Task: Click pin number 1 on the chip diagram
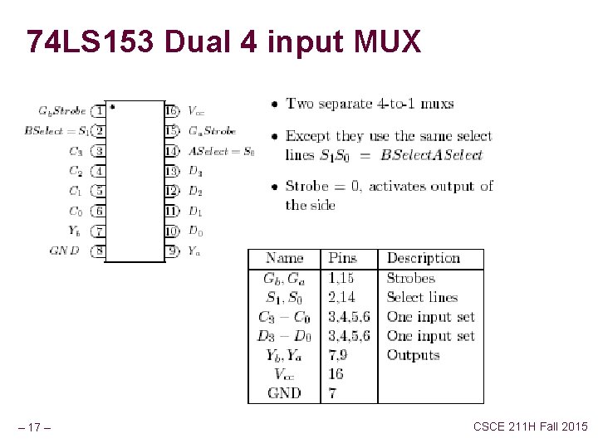click(x=99, y=110)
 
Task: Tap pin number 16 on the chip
click(x=171, y=110)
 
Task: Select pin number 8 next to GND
click(x=99, y=251)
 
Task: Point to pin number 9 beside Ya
click(x=172, y=251)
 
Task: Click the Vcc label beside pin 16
click(x=196, y=111)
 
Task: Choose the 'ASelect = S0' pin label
click(x=221, y=151)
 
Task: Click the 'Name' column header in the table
click(x=284, y=259)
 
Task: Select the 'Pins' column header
click(x=342, y=259)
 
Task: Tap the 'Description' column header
click(x=424, y=259)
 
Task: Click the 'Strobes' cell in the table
click(x=410, y=279)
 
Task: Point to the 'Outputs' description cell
click(x=413, y=355)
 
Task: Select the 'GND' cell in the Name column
click(x=284, y=393)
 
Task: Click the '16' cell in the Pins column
click(x=336, y=374)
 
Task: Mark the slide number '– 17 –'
click(x=37, y=428)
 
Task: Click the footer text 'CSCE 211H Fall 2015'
click(x=530, y=426)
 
